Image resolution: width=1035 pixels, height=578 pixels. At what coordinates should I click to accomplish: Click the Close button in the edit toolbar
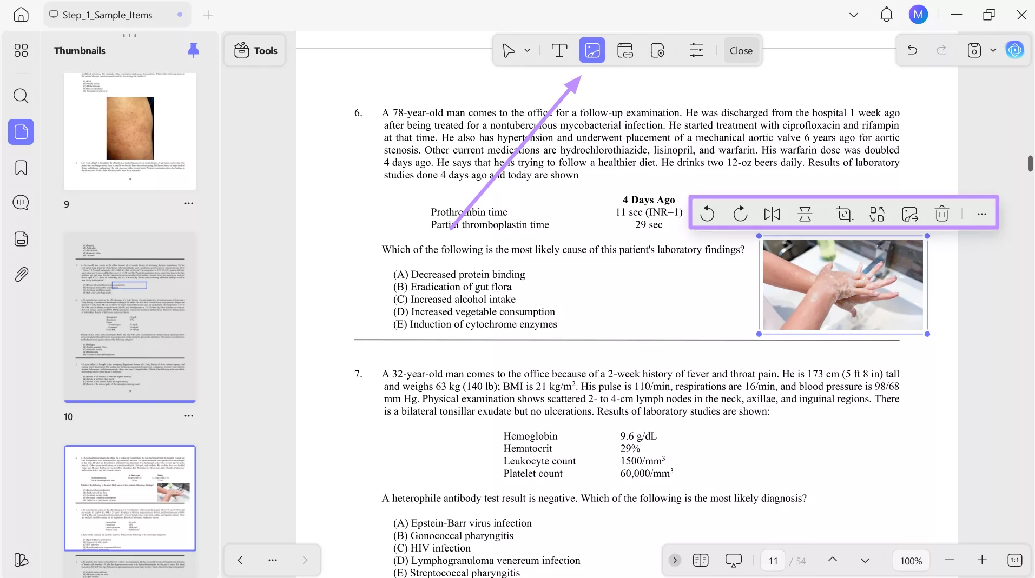click(x=741, y=50)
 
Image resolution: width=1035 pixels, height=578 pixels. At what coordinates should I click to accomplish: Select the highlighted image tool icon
click(x=592, y=50)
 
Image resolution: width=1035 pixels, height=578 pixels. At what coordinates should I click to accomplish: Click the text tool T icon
click(x=559, y=50)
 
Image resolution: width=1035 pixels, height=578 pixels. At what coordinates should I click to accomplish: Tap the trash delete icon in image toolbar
click(x=942, y=214)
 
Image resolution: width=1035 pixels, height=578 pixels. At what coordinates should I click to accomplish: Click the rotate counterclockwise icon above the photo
click(x=707, y=214)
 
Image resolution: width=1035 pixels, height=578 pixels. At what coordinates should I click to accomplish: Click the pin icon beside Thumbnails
click(x=193, y=50)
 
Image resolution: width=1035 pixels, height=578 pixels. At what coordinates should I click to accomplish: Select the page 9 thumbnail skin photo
click(x=130, y=128)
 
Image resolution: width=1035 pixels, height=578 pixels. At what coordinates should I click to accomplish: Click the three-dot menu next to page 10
click(x=188, y=416)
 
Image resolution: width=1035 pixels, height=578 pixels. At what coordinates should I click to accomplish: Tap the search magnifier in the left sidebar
click(x=21, y=96)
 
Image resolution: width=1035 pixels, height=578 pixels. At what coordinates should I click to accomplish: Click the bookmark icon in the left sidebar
click(x=21, y=168)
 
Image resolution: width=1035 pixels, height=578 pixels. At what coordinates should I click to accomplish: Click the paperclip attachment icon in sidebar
click(x=21, y=274)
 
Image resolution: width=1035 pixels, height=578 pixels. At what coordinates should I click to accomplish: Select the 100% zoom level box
click(x=911, y=561)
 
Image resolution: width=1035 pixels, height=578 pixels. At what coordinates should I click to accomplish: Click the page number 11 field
click(x=773, y=561)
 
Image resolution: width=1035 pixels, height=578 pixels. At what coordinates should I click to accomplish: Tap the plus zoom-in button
click(x=982, y=560)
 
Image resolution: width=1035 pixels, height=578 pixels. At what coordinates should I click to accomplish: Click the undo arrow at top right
click(x=912, y=50)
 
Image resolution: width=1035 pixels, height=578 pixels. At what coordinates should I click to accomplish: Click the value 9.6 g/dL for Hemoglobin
click(x=638, y=436)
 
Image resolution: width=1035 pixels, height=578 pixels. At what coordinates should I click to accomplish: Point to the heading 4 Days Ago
click(x=648, y=200)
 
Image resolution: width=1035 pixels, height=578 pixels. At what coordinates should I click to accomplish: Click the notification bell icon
click(x=886, y=15)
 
